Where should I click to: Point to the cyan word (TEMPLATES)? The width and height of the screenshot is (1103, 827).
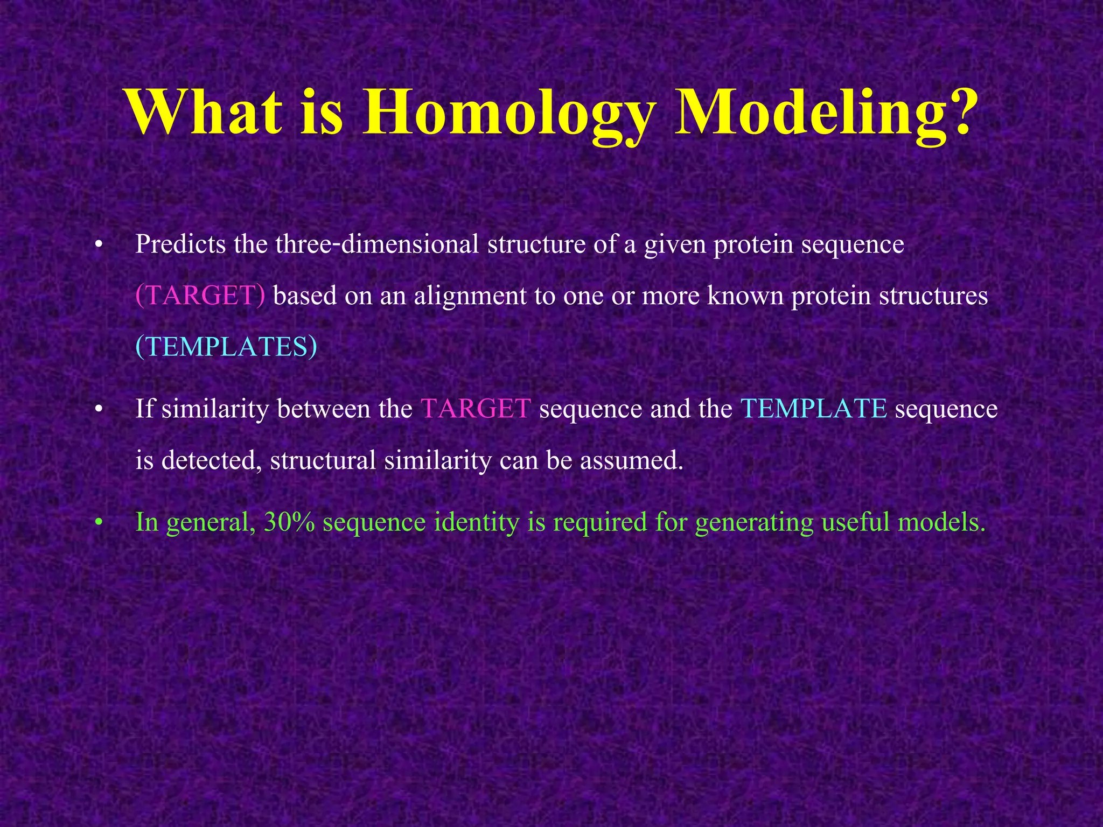(x=226, y=347)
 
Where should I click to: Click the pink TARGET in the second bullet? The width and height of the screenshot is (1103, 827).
(x=476, y=409)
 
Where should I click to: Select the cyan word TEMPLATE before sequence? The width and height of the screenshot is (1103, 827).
(x=814, y=409)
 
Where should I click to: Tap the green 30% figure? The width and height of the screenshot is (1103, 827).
(x=289, y=522)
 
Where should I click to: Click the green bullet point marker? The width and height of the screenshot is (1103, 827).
(x=98, y=523)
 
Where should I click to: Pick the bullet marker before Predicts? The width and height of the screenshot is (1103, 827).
(x=98, y=246)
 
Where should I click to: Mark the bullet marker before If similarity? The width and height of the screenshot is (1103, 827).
(x=98, y=410)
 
